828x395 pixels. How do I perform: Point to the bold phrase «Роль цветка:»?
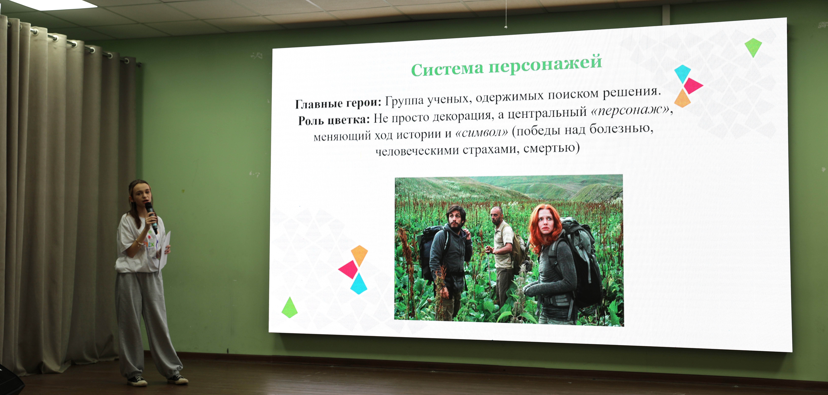point(334,120)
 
